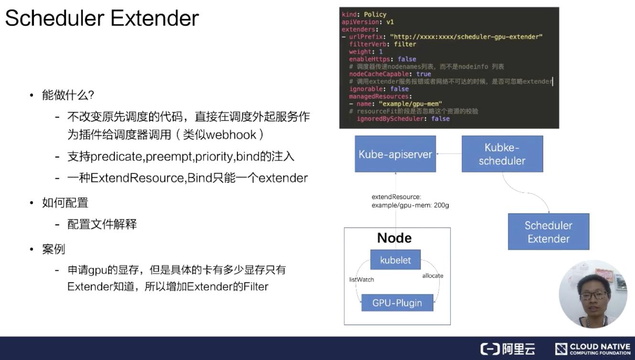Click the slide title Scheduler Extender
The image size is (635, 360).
pos(102,19)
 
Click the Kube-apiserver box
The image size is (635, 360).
pos(395,154)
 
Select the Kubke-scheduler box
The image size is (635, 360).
pos(502,154)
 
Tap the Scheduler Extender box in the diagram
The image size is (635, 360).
pos(548,232)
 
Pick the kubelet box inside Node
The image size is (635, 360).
pos(395,260)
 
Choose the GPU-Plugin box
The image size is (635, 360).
pos(397,303)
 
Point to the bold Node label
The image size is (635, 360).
pos(394,238)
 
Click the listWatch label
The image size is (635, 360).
pos(362,279)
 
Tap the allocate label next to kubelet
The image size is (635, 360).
pos(432,275)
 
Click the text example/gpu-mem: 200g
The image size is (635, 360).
pos(410,205)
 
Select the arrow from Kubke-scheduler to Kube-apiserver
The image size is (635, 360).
pos(449,154)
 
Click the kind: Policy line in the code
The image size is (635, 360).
pos(364,14)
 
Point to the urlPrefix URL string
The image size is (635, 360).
pos(466,37)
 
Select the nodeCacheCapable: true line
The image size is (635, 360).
pos(390,74)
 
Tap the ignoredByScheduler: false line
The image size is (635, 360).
pos(403,118)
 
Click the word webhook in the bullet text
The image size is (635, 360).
pos(231,135)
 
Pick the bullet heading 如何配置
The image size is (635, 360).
pos(65,202)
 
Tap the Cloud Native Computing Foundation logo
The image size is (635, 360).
pos(592,349)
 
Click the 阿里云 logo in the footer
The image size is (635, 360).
pos(508,349)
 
